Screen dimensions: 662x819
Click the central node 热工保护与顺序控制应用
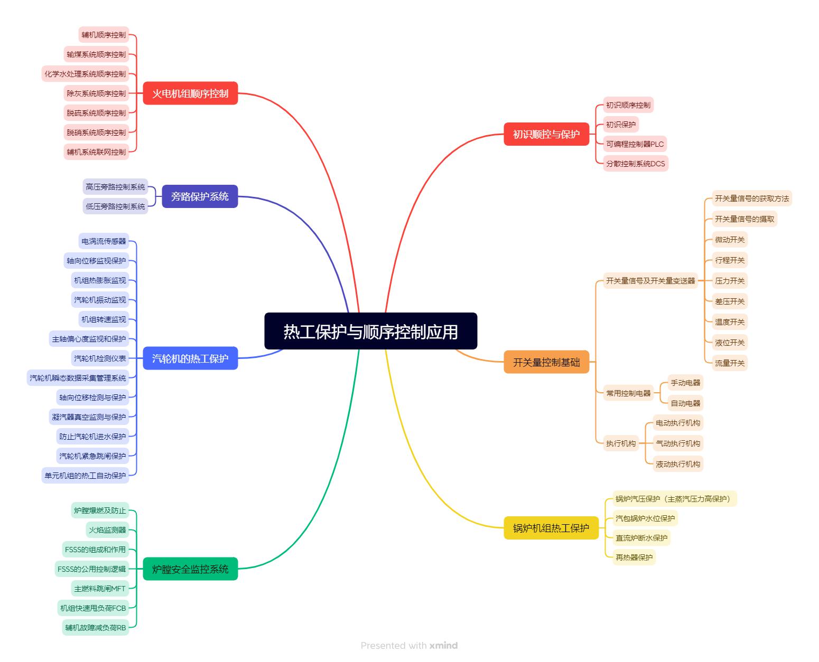coord(370,332)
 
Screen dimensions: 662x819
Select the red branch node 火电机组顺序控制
coord(190,93)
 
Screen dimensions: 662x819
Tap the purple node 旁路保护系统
coord(200,196)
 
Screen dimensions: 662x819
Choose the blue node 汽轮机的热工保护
coord(190,359)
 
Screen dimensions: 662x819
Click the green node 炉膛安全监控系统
coord(190,569)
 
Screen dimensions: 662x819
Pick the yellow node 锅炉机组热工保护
coord(551,528)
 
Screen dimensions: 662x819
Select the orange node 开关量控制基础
coord(546,362)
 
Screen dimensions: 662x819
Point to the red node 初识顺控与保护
coord(546,134)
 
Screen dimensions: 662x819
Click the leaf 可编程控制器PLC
coord(635,144)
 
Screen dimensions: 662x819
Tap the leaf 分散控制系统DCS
coord(635,164)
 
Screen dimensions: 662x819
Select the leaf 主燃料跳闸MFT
coord(100,589)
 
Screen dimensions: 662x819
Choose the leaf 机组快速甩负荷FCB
coord(93,608)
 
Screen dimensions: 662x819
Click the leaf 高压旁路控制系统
coord(115,187)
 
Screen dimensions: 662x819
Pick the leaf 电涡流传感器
coord(104,241)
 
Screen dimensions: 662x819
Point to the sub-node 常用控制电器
coord(628,393)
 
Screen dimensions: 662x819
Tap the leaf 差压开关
coord(730,301)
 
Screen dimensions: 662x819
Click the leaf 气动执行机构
coord(678,443)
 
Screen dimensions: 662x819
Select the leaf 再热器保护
coord(634,557)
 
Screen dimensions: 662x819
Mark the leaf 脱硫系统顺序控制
coord(96,113)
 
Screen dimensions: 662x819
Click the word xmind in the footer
coord(443,645)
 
